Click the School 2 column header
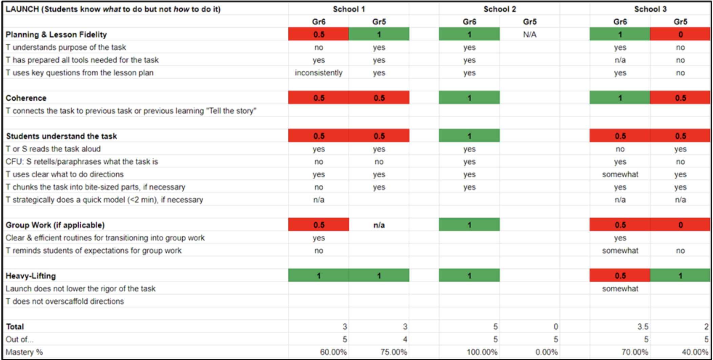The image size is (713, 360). [x=500, y=9]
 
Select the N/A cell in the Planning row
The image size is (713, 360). [x=530, y=35]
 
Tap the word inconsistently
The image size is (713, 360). [x=319, y=73]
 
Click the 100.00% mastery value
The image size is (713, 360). [x=482, y=352]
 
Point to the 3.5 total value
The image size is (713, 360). [x=643, y=327]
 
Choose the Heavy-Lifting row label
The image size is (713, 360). [x=31, y=276]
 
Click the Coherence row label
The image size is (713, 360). [x=26, y=98]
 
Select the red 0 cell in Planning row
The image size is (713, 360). [x=680, y=35]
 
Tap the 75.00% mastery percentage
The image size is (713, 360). [x=393, y=352]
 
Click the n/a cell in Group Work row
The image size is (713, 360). [x=379, y=225]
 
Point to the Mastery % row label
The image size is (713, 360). [x=24, y=352]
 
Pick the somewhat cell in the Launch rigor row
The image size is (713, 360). [x=620, y=289]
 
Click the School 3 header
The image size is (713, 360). [x=650, y=9]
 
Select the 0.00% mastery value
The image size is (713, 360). [x=546, y=352]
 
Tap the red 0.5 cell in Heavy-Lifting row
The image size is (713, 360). [x=620, y=276]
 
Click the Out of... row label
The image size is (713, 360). [x=19, y=339]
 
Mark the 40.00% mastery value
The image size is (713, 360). [x=695, y=352]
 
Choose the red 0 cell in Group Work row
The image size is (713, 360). [x=680, y=225]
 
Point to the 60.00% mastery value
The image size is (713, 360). [x=333, y=352]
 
